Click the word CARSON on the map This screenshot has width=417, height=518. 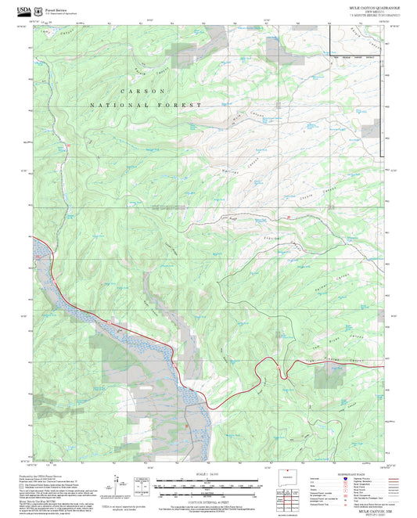coord(134,91)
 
